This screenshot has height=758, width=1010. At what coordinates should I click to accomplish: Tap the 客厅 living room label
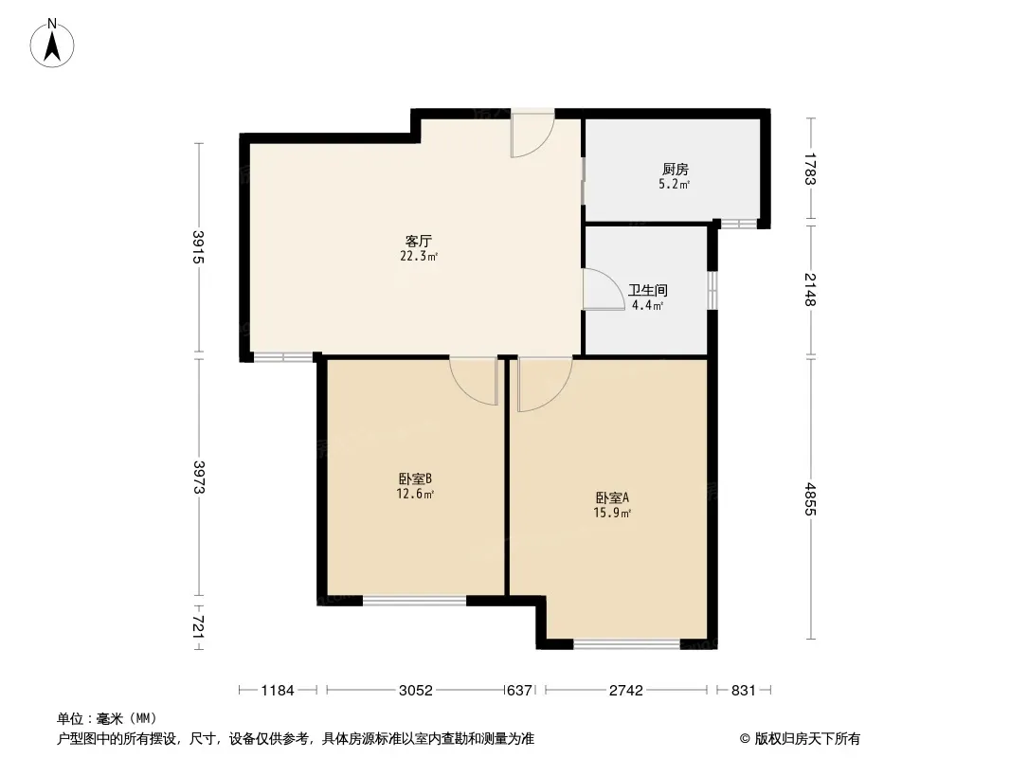[x=418, y=242]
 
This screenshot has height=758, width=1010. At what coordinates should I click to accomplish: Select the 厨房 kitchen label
[x=675, y=170]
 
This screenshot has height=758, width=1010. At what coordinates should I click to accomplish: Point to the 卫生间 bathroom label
[x=648, y=291]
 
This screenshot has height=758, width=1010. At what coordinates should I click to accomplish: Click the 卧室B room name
[x=415, y=479]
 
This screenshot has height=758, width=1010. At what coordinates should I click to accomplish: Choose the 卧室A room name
[x=612, y=497]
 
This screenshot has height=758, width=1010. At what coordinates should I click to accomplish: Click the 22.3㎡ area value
[x=419, y=257]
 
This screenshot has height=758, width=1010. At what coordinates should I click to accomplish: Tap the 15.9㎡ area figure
[x=612, y=514]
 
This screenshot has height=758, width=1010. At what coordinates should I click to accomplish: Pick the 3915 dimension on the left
[x=198, y=247]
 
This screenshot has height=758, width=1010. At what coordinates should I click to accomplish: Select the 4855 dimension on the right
[x=810, y=499]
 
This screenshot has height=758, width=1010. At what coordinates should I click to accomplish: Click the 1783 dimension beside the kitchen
[x=810, y=169]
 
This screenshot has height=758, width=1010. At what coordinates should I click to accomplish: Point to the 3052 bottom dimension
[x=416, y=691]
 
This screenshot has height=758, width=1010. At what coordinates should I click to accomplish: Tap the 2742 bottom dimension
[x=626, y=691]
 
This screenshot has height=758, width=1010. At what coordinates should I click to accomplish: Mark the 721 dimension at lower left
[x=198, y=627]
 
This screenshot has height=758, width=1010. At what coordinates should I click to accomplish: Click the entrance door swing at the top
[x=532, y=135]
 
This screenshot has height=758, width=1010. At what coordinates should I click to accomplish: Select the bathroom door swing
[x=604, y=289]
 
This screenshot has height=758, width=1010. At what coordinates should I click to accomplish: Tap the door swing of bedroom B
[x=474, y=381]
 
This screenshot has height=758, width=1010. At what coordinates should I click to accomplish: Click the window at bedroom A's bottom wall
[x=626, y=643]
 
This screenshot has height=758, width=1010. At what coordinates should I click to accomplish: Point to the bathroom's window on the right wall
[x=712, y=290]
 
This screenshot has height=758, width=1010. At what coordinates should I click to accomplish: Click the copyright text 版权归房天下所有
[x=807, y=739]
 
